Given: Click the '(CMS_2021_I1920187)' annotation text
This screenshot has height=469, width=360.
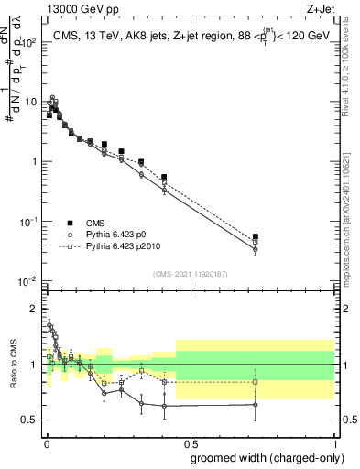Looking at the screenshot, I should pos(190,273).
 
